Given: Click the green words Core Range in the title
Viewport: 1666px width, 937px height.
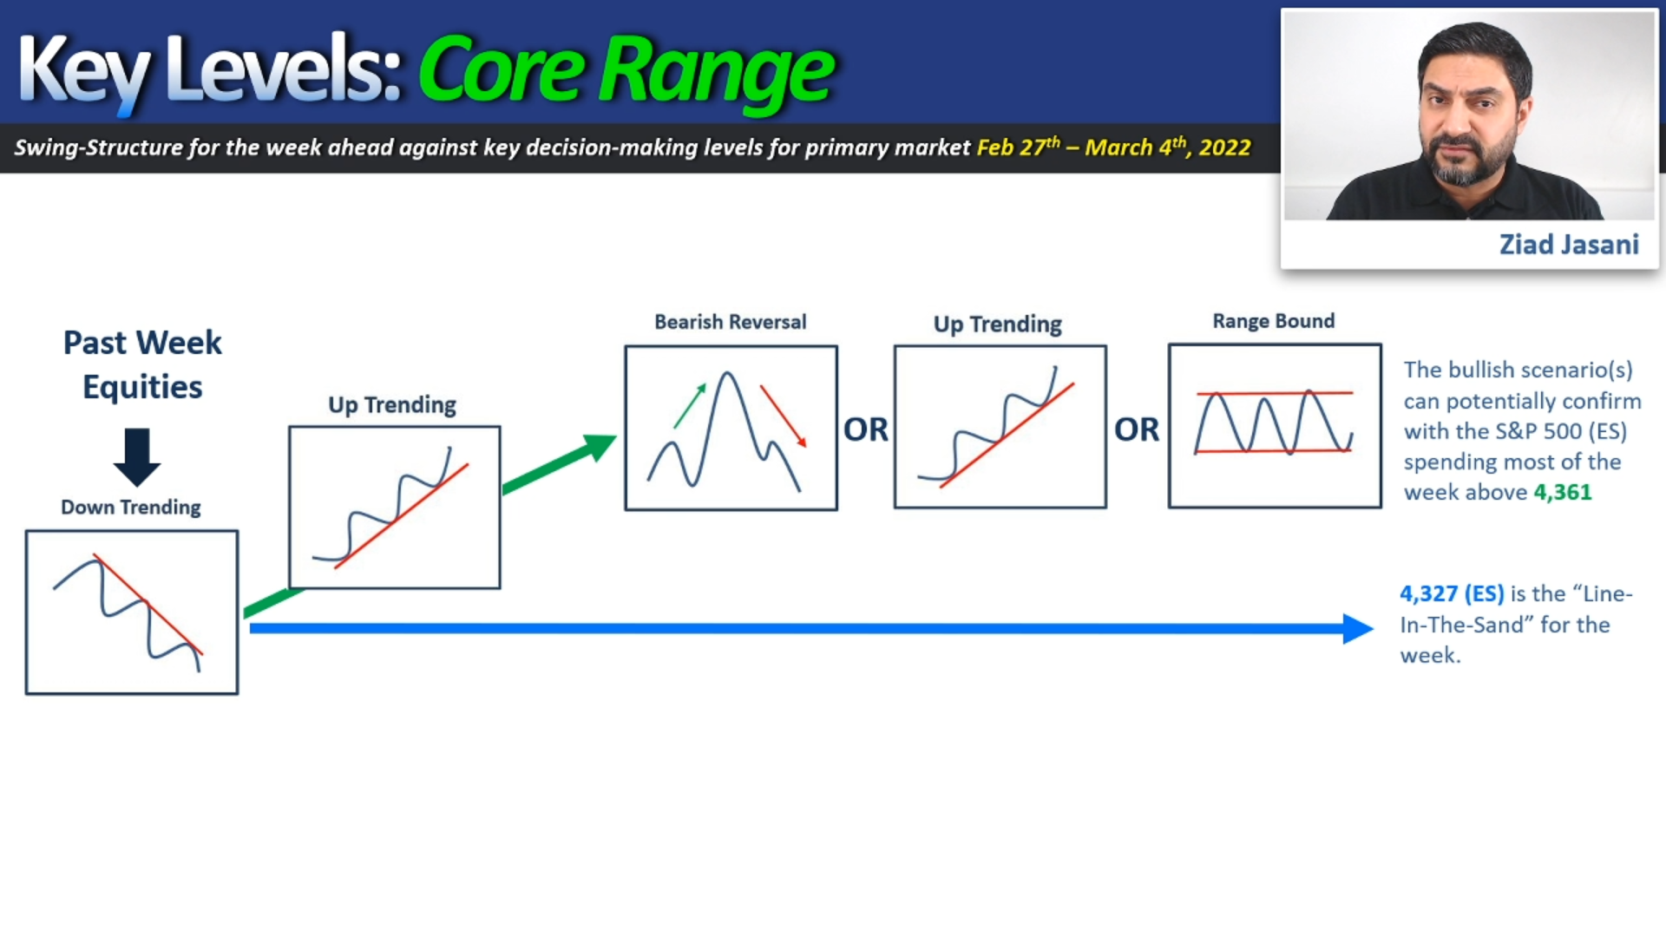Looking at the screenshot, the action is [x=626, y=71].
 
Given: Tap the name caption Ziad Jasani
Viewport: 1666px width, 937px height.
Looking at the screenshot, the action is [x=1569, y=245].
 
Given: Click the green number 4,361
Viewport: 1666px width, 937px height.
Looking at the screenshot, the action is [x=1563, y=492].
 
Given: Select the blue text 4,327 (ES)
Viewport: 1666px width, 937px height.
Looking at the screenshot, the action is [x=1452, y=593].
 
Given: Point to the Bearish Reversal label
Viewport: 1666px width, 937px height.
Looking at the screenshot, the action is [x=731, y=322].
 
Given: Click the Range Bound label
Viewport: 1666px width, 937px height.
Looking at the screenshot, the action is [x=1274, y=321].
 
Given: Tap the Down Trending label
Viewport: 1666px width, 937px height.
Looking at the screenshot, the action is [x=131, y=508].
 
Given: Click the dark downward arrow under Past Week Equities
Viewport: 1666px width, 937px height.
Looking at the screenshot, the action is [x=137, y=457].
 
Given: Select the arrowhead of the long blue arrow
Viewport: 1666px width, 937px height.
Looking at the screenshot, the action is [x=1358, y=628].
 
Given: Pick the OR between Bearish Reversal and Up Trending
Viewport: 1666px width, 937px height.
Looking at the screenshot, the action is [x=866, y=429].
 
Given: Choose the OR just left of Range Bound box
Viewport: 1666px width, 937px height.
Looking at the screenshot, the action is [x=1137, y=429].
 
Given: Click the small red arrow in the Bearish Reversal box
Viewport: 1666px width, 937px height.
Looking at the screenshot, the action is [x=784, y=416].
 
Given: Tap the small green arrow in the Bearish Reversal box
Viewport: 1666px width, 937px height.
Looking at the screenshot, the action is [x=690, y=405].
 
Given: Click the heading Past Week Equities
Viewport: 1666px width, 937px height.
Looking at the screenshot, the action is [x=142, y=364].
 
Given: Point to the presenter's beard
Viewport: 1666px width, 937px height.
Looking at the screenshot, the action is [x=1468, y=161].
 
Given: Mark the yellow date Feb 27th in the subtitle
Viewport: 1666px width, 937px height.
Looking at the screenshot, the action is [x=1019, y=147].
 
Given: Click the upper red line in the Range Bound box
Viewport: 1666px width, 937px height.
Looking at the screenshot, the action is [x=1275, y=393].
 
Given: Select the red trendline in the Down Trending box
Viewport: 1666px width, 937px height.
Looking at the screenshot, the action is [x=148, y=605].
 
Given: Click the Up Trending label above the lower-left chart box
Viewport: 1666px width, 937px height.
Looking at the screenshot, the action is [x=392, y=405].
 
